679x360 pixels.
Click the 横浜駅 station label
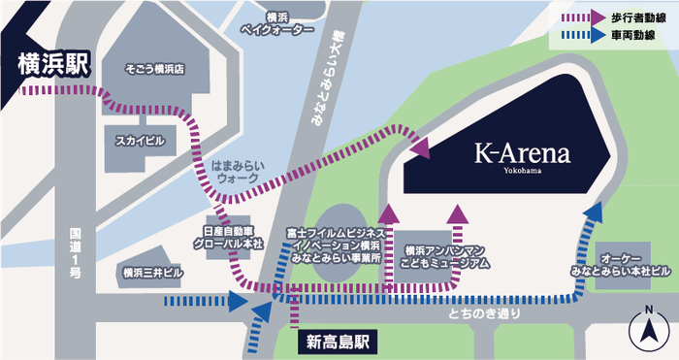tap(50, 66)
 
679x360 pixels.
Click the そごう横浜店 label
tap(154, 70)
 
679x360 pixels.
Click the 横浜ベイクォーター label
tap(276, 24)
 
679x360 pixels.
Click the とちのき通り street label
tap(490, 313)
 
